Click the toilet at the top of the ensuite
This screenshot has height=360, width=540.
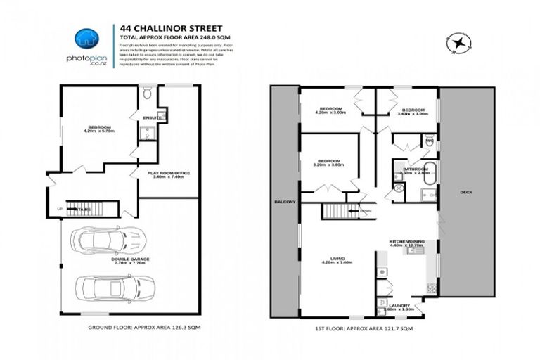(x=147, y=94)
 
